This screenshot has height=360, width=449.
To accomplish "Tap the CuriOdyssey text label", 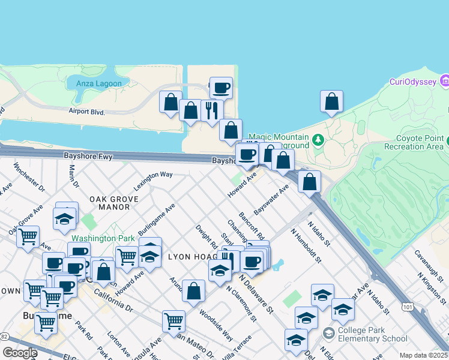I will (x=411, y=82).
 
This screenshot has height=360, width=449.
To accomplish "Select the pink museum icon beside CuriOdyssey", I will (x=444, y=80).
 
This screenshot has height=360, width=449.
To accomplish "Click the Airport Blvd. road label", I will (x=87, y=112).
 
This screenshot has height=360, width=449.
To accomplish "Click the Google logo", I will (x=19, y=353).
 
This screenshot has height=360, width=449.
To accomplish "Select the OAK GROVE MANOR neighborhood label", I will (x=110, y=203).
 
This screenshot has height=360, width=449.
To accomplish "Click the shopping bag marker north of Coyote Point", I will (x=331, y=103).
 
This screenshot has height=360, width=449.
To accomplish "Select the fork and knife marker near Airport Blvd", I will (x=211, y=111).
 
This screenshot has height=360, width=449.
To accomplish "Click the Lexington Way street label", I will (x=153, y=181).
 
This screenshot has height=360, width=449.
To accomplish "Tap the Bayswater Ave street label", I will (x=271, y=200).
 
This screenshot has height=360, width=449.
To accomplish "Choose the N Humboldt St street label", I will (x=306, y=245).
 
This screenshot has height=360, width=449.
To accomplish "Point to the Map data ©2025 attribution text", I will (x=424, y=355).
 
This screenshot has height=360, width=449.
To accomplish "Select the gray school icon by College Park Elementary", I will (x=329, y=332).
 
